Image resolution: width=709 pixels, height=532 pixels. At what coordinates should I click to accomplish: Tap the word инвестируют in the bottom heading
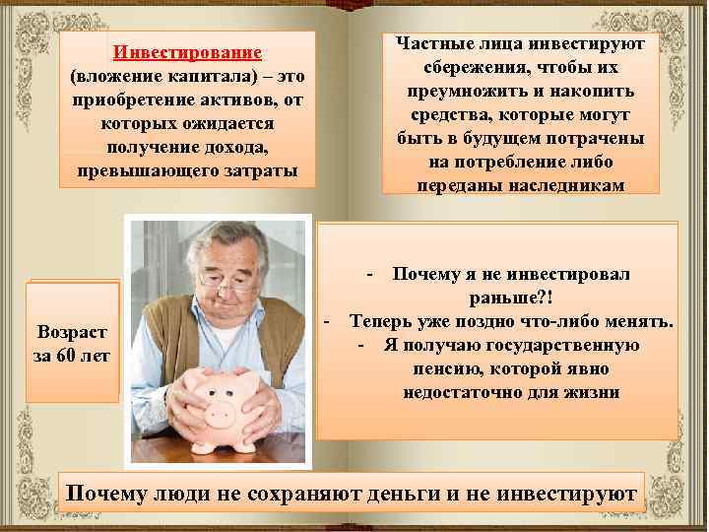(571, 492)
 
